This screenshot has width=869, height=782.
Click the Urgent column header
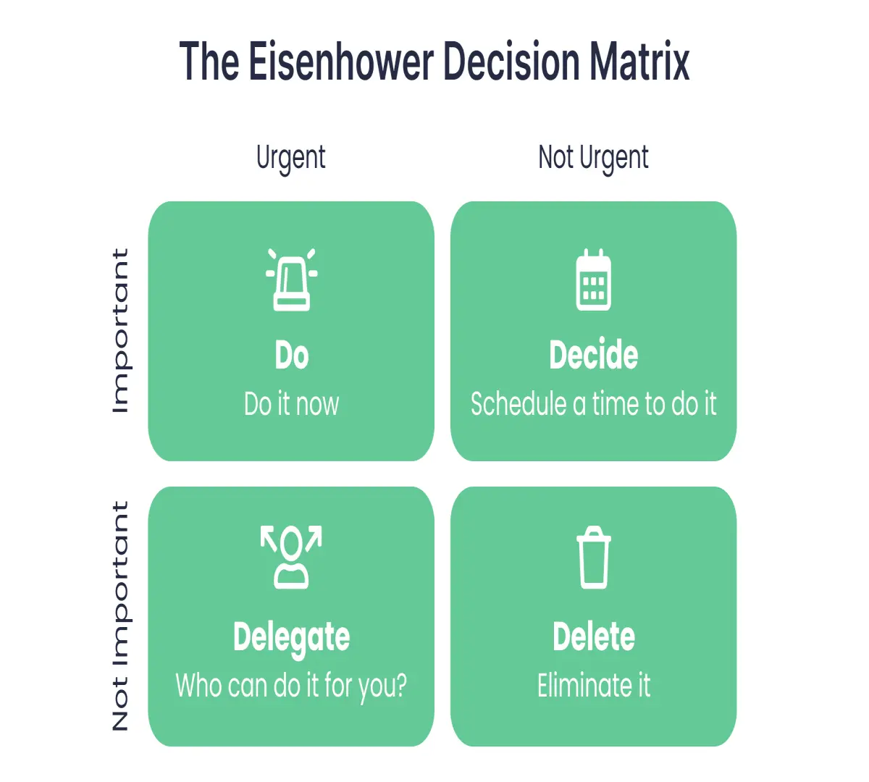tap(290, 158)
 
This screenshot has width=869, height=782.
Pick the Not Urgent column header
tap(593, 158)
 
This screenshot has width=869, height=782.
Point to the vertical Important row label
tap(120, 331)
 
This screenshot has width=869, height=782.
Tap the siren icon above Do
tap(292, 279)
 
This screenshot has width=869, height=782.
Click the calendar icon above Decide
tap(594, 279)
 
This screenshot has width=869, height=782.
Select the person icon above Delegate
tap(291, 557)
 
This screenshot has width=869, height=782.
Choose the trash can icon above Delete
tap(594, 557)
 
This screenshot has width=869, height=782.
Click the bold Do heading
tap(292, 356)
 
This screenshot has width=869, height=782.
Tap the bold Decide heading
tap(594, 356)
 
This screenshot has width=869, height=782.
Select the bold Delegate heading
tap(292, 637)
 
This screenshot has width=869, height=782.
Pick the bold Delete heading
tap(594, 636)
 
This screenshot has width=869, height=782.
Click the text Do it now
tap(292, 404)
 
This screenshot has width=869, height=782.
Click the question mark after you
tap(400, 685)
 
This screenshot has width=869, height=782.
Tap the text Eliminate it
tap(594, 685)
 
